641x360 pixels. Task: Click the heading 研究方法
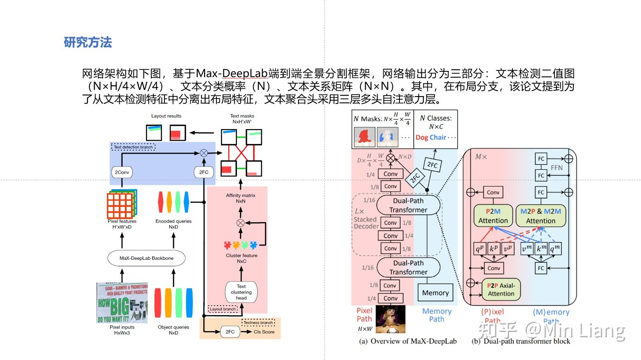click(x=88, y=42)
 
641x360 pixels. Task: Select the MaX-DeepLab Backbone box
click(x=146, y=258)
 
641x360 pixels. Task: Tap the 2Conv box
click(x=122, y=172)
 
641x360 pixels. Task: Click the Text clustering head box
click(x=241, y=292)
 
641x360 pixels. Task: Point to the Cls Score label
click(x=264, y=332)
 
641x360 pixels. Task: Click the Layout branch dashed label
click(x=223, y=309)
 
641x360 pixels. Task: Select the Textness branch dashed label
click(x=258, y=322)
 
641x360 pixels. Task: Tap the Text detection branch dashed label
click(x=133, y=147)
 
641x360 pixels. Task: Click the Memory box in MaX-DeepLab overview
click(x=435, y=293)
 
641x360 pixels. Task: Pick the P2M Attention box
click(x=493, y=216)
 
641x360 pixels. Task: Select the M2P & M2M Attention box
click(x=540, y=216)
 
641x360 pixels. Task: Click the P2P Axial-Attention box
click(x=501, y=289)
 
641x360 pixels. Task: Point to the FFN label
click(x=556, y=167)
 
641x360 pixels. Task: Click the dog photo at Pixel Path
click(x=390, y=319)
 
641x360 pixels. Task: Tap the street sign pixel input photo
click(x=122, y=303)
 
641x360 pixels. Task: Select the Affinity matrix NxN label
click(x=241, y=198)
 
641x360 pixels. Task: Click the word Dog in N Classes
click(x=422, y=137)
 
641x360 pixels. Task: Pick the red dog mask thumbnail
click(x=364, y=137)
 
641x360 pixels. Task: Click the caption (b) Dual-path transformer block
click(x=521, y=341)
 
